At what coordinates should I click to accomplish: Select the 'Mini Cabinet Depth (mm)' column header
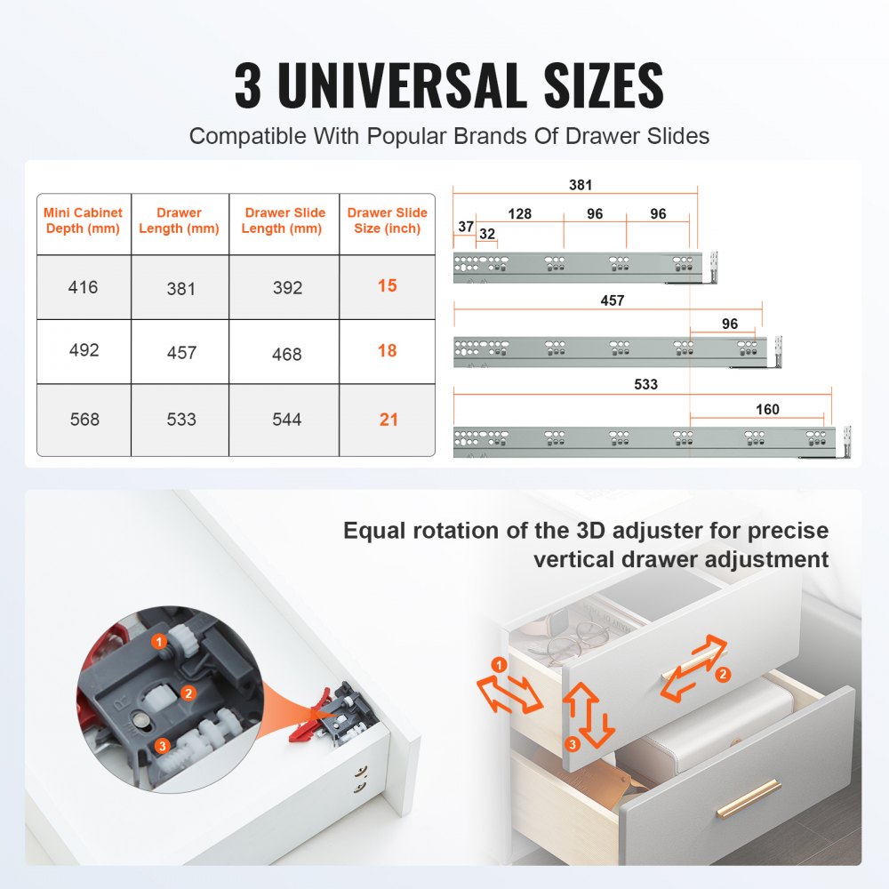coord(84,220)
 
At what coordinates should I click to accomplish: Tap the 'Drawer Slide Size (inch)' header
coord(388,220)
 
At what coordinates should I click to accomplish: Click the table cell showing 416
coord(84,287)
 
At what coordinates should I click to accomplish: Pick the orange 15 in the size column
coord(387,286)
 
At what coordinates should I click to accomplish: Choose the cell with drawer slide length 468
coord(286,354)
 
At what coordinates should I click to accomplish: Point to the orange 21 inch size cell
coord(388,419)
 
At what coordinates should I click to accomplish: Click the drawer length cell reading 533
coord(181,419)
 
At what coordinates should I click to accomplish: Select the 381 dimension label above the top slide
coord(581,186)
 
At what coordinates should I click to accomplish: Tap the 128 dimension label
coord(520,214)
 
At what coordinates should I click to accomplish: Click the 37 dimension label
coord(466,227)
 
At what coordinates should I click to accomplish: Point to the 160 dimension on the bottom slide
coord(767,410)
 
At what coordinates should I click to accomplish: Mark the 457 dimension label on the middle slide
coord(613,300)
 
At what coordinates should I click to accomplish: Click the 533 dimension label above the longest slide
coord(646,384)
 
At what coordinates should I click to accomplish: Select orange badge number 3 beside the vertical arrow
coord(573,742)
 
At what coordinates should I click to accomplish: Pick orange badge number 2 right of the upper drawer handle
coord(723,675)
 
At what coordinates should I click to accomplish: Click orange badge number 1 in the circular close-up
coord(158,640)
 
